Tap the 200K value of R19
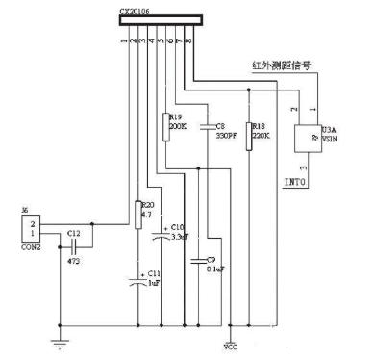pos(178,126)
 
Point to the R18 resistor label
pos(257,125)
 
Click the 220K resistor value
pos(258,135)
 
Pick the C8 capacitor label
pos(221,125)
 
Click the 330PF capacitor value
pos(226,135)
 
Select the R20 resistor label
pos(147,204)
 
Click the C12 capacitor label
pos(75,233)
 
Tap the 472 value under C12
pos(74,260)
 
